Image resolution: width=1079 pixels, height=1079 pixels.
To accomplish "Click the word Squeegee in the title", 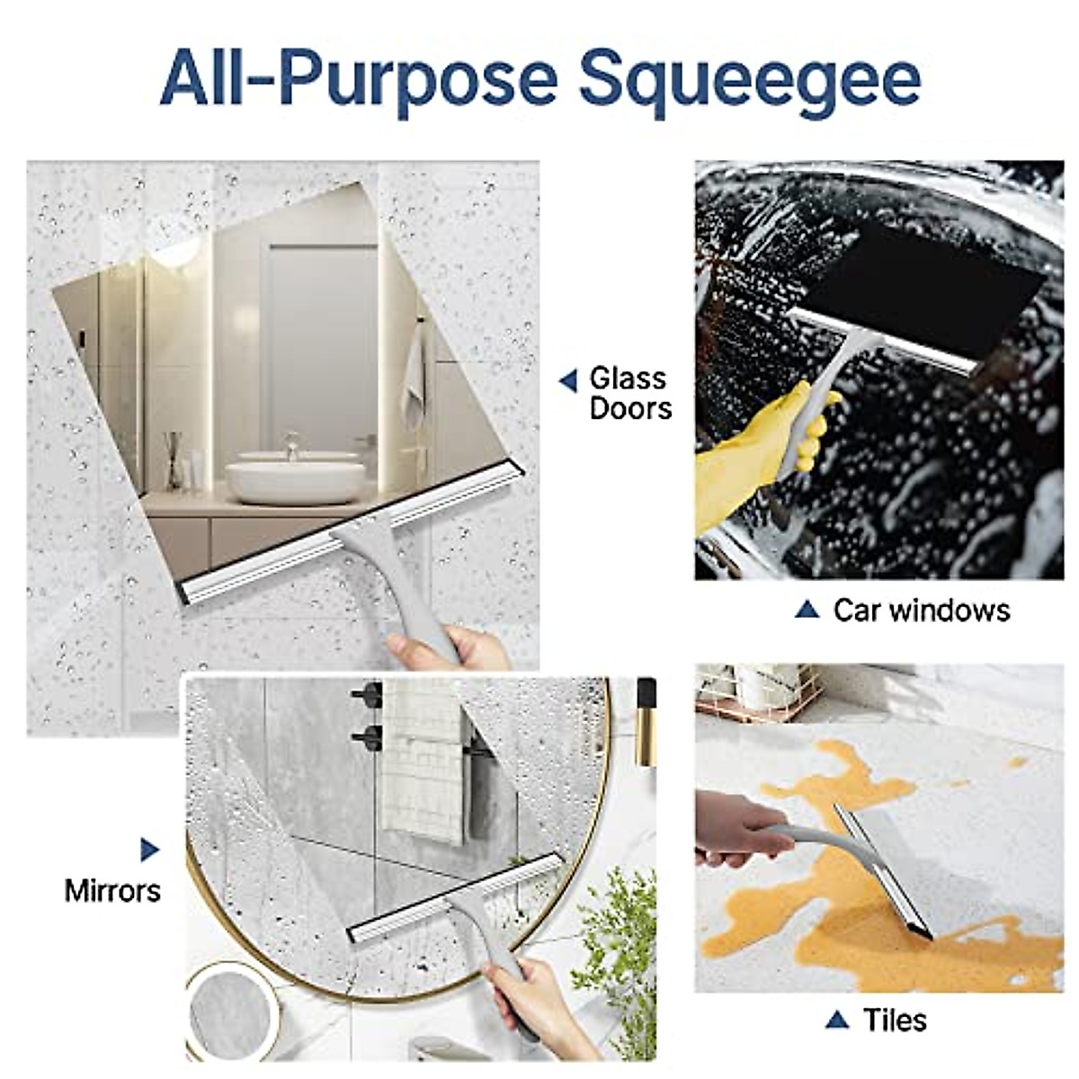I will tap(749, 78).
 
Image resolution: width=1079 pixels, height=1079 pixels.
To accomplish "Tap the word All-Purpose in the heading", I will tap(359, 78).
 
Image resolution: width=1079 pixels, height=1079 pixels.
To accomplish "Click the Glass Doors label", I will tap(629, 393).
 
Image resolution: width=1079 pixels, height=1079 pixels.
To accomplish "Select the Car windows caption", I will tap(921, 611).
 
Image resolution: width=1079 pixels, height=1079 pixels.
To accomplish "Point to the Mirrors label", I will tap(112, 890).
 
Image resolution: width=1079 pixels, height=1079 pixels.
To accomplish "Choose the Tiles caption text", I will tap(895, 1020).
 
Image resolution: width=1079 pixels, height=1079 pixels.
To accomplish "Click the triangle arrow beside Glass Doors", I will tap(568, 381).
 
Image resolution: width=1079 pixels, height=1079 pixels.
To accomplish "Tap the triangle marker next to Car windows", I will tap(807, 610).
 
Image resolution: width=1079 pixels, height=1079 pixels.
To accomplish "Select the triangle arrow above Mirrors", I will tap(149, 850).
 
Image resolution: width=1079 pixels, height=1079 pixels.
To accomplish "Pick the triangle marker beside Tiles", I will tap(836, 1020).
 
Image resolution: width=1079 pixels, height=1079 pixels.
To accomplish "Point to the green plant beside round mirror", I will tap(620, 944).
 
